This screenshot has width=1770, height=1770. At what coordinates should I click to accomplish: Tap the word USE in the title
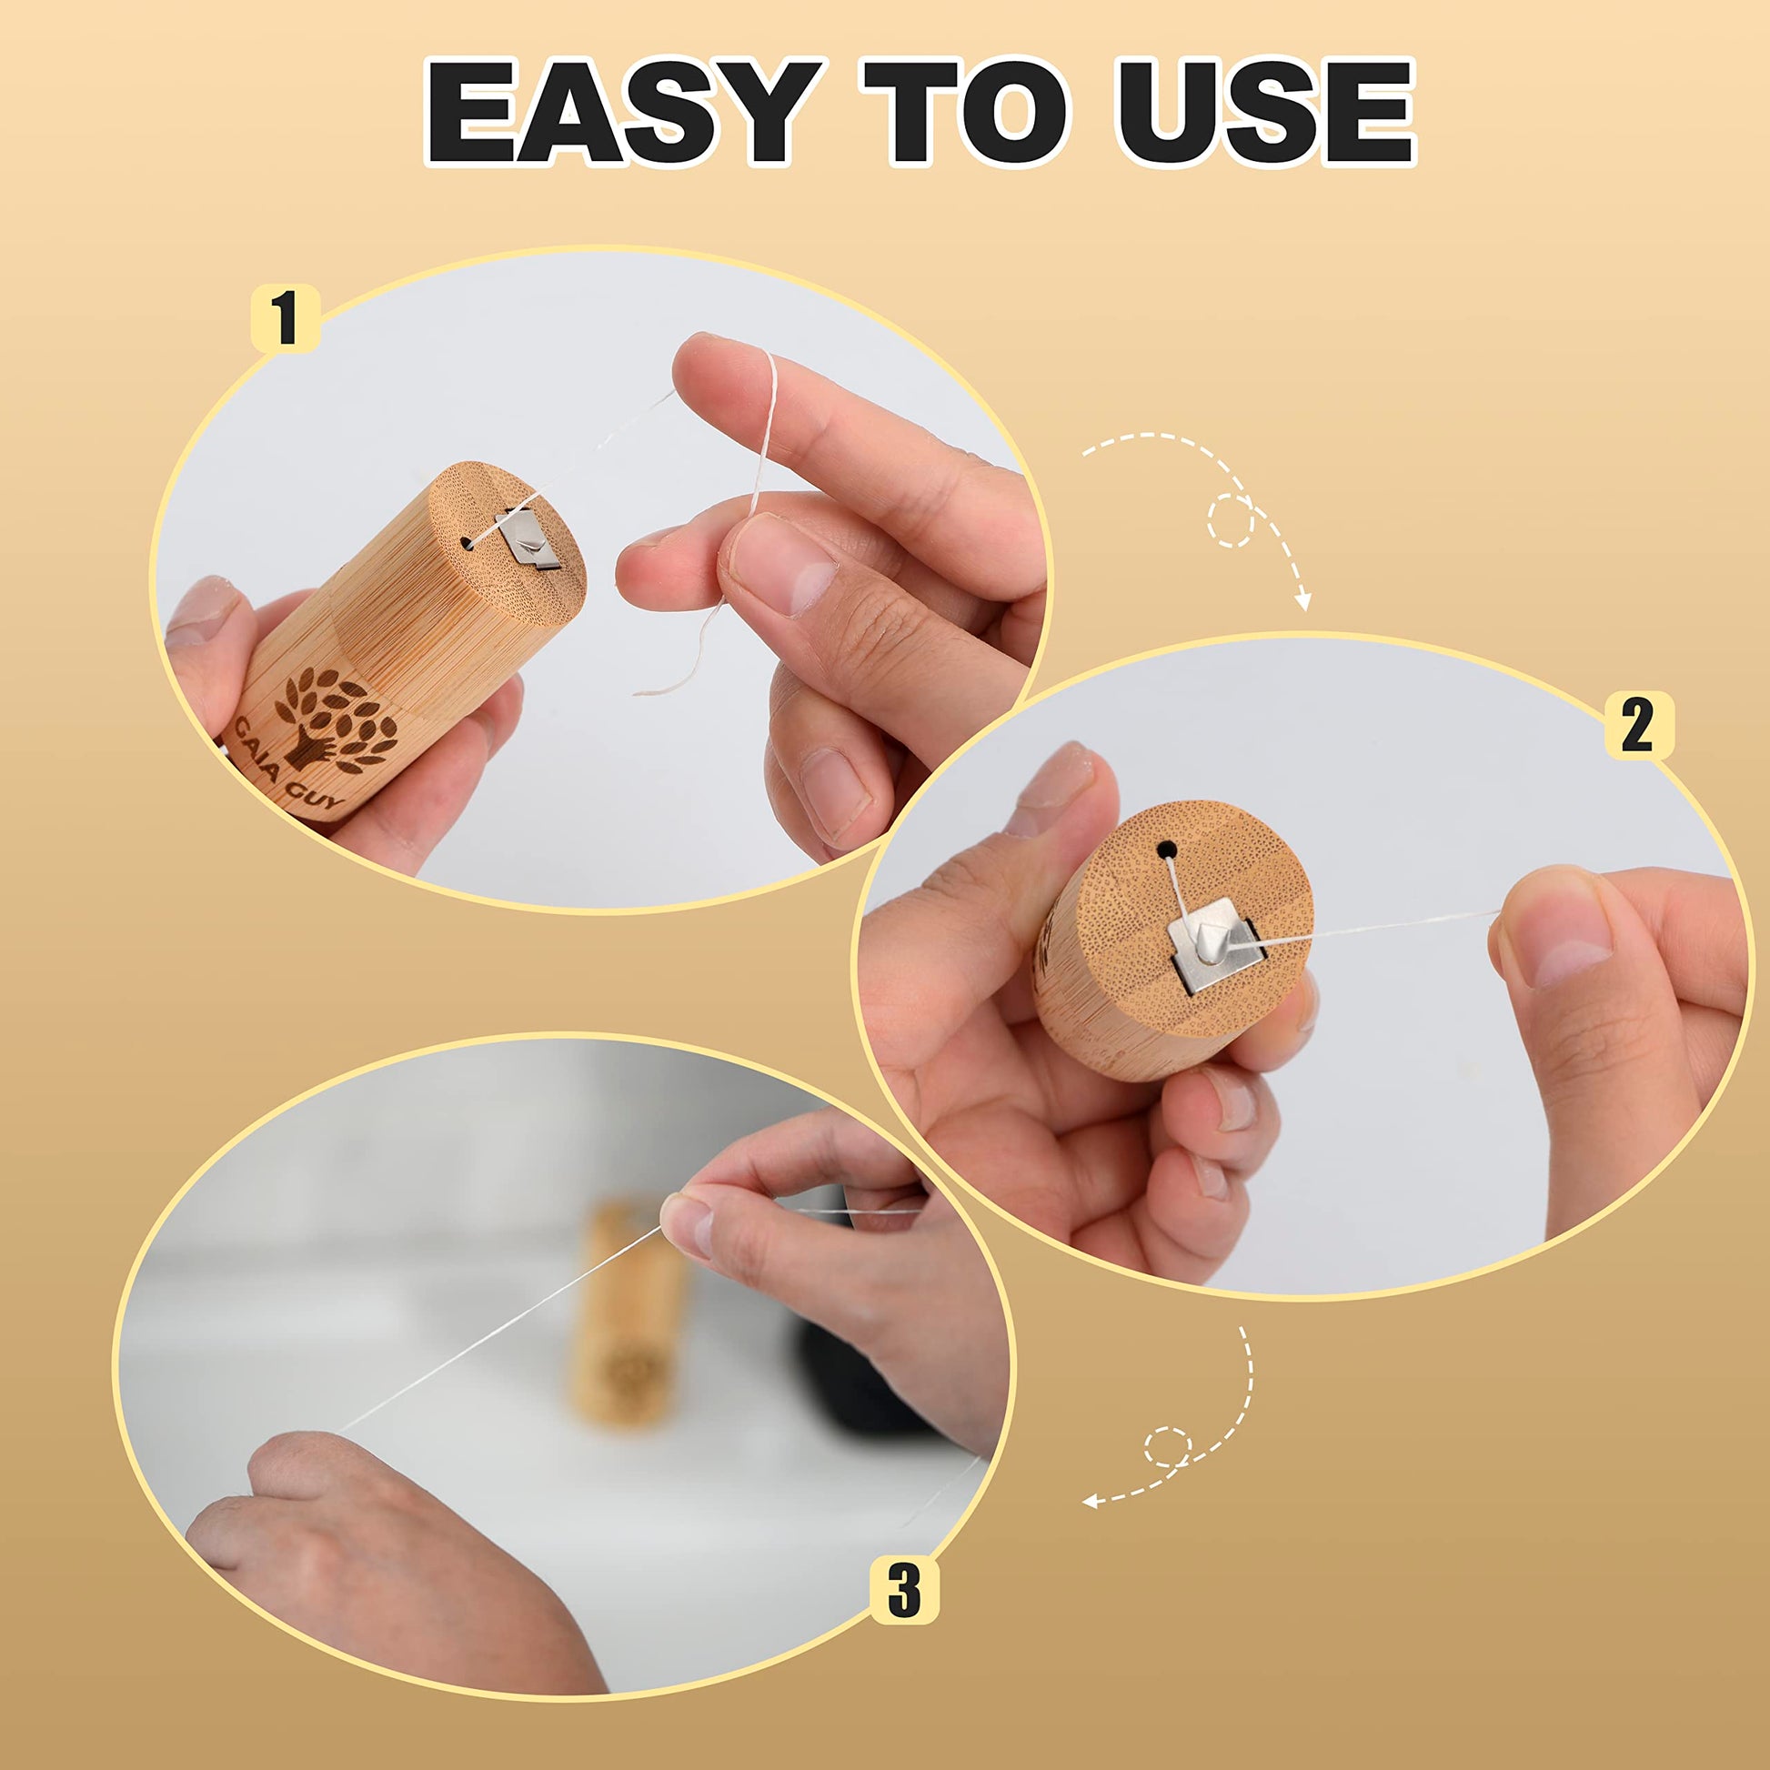click(x=1265, y=112)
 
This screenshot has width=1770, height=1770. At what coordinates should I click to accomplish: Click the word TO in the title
click(x=966, y=112)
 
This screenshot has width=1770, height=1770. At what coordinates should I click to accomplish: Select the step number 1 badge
click(x=285, y=317)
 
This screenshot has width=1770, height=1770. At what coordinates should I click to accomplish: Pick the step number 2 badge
click(x=1638, y=726)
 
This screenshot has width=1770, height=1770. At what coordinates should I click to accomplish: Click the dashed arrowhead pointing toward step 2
click(x=1302, y=600)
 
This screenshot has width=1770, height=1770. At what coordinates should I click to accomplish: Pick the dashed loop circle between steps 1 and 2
click(x=1231, y=520)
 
